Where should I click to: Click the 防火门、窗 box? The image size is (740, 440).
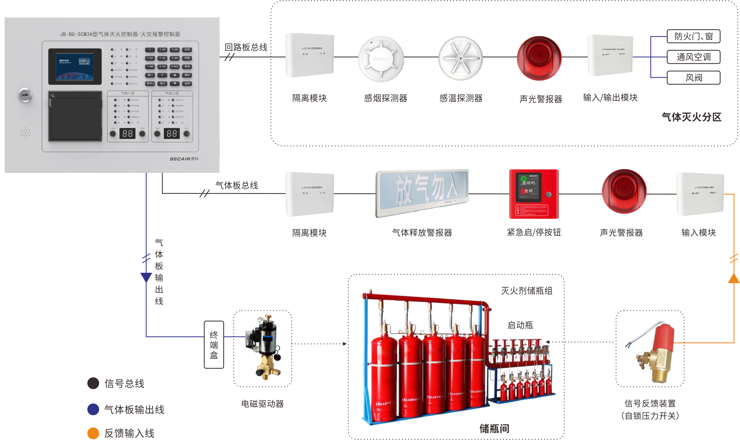(x=693, y=36)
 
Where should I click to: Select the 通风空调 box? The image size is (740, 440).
(x=693, y=57)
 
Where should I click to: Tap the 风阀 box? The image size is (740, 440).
(x=693, y=78)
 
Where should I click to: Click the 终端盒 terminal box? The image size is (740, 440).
(x=214, y=345)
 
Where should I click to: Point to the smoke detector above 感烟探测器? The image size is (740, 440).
(x=381, y=59)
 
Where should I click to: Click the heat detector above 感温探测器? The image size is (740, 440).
(x=461, y=59)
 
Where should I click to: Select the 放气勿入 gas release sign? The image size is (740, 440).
(x=422, y=193)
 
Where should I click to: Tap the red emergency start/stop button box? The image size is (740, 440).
(x=534, y=194)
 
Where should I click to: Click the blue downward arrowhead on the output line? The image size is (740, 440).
(x=146, y=277)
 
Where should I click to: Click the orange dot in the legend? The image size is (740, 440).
(x=93, y=433)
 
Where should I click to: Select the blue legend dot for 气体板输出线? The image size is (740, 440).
(x=93, y=409)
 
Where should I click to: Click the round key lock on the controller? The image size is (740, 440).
(x=25, y=95)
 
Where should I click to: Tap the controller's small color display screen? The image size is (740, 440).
(x=75, y=66)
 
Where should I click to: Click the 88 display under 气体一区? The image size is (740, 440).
(x=128, y=134)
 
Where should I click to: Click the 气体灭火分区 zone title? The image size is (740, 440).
(x=691, y=117)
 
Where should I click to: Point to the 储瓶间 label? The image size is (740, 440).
(x=494, y=428)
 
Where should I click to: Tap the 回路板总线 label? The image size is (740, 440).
(x=246, y=47)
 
